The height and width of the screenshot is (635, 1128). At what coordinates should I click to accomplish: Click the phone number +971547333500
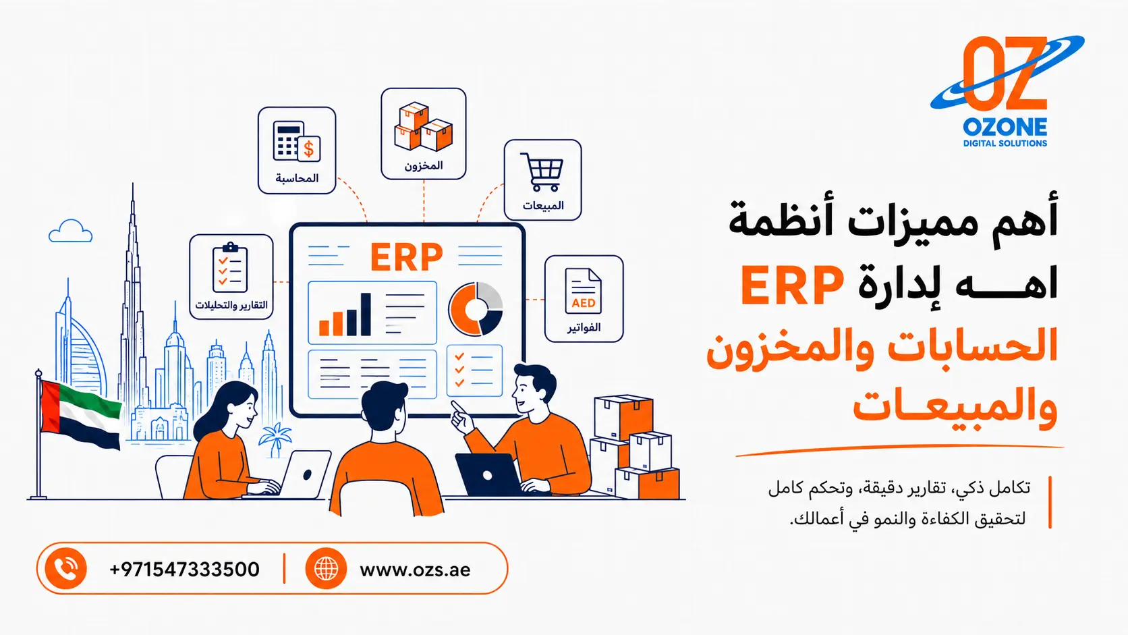click(184, 570)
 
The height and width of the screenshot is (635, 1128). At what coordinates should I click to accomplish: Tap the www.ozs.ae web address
click(415, 570)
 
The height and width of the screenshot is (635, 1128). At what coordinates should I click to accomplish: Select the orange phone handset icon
click(65, 568)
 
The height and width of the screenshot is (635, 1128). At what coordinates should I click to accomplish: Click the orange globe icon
click(326, 568)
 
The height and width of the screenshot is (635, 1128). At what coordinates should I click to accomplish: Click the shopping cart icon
click(542, 171)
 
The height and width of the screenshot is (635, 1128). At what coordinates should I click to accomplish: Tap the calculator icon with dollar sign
click(297, 142)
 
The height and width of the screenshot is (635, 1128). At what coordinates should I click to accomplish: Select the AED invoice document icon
click(583, 291)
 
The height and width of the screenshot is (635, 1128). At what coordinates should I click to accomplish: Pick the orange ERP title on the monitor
click(406, 257)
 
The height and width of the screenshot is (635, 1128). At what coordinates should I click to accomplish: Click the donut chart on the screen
click(476, 308)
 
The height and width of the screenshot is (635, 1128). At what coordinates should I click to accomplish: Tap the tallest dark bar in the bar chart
click(366, 314)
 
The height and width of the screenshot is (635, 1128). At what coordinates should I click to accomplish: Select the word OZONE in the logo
click(1005, 128)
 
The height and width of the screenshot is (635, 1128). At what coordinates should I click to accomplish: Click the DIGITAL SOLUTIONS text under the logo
click(1005, 144)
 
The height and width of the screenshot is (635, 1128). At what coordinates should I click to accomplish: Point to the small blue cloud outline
click(70, 231)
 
